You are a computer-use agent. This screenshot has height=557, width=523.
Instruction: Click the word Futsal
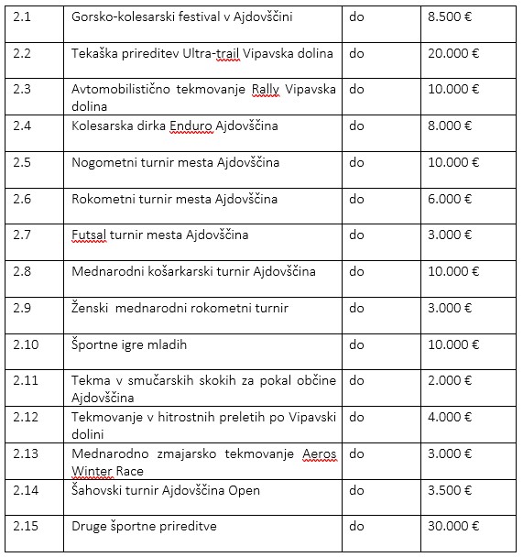[89, 235]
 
